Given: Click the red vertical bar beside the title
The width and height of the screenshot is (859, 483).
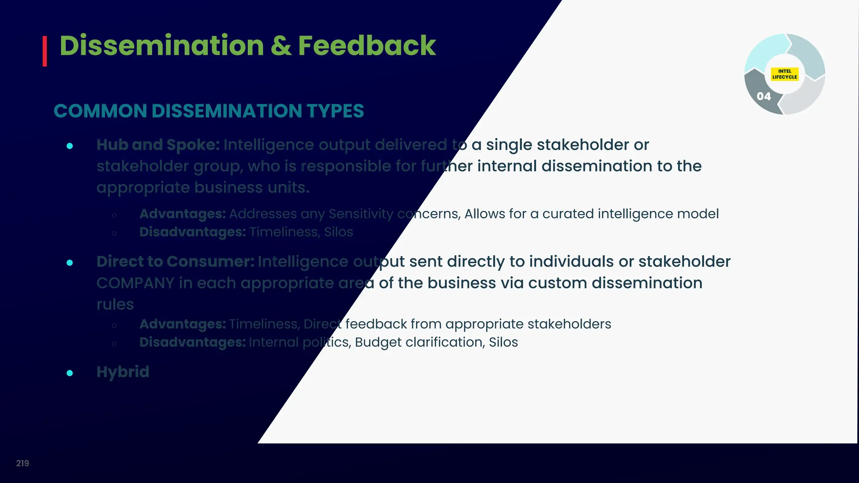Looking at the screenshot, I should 44,51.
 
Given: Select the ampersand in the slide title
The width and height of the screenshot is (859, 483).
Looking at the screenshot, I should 281,46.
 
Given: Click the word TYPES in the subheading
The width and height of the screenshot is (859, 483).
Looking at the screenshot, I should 335,111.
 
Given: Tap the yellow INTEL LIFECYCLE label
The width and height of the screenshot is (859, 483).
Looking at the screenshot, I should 784,74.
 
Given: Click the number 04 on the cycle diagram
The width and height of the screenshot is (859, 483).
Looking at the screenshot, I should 763,96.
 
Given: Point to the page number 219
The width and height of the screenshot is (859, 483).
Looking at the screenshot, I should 23,463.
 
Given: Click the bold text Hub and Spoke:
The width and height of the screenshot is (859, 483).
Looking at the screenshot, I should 158,145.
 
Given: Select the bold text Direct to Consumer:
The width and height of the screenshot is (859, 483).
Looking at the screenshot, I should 175,262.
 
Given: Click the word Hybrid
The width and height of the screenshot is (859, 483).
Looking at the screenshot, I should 123,372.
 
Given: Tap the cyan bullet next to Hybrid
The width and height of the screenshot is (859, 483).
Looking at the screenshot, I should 70,373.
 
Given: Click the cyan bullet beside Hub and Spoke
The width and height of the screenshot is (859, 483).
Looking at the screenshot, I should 70,146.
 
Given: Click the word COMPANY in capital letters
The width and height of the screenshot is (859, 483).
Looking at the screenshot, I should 135,283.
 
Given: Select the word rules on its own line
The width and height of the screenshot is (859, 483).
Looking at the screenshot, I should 115,304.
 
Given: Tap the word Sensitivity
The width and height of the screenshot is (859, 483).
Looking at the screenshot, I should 361,214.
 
